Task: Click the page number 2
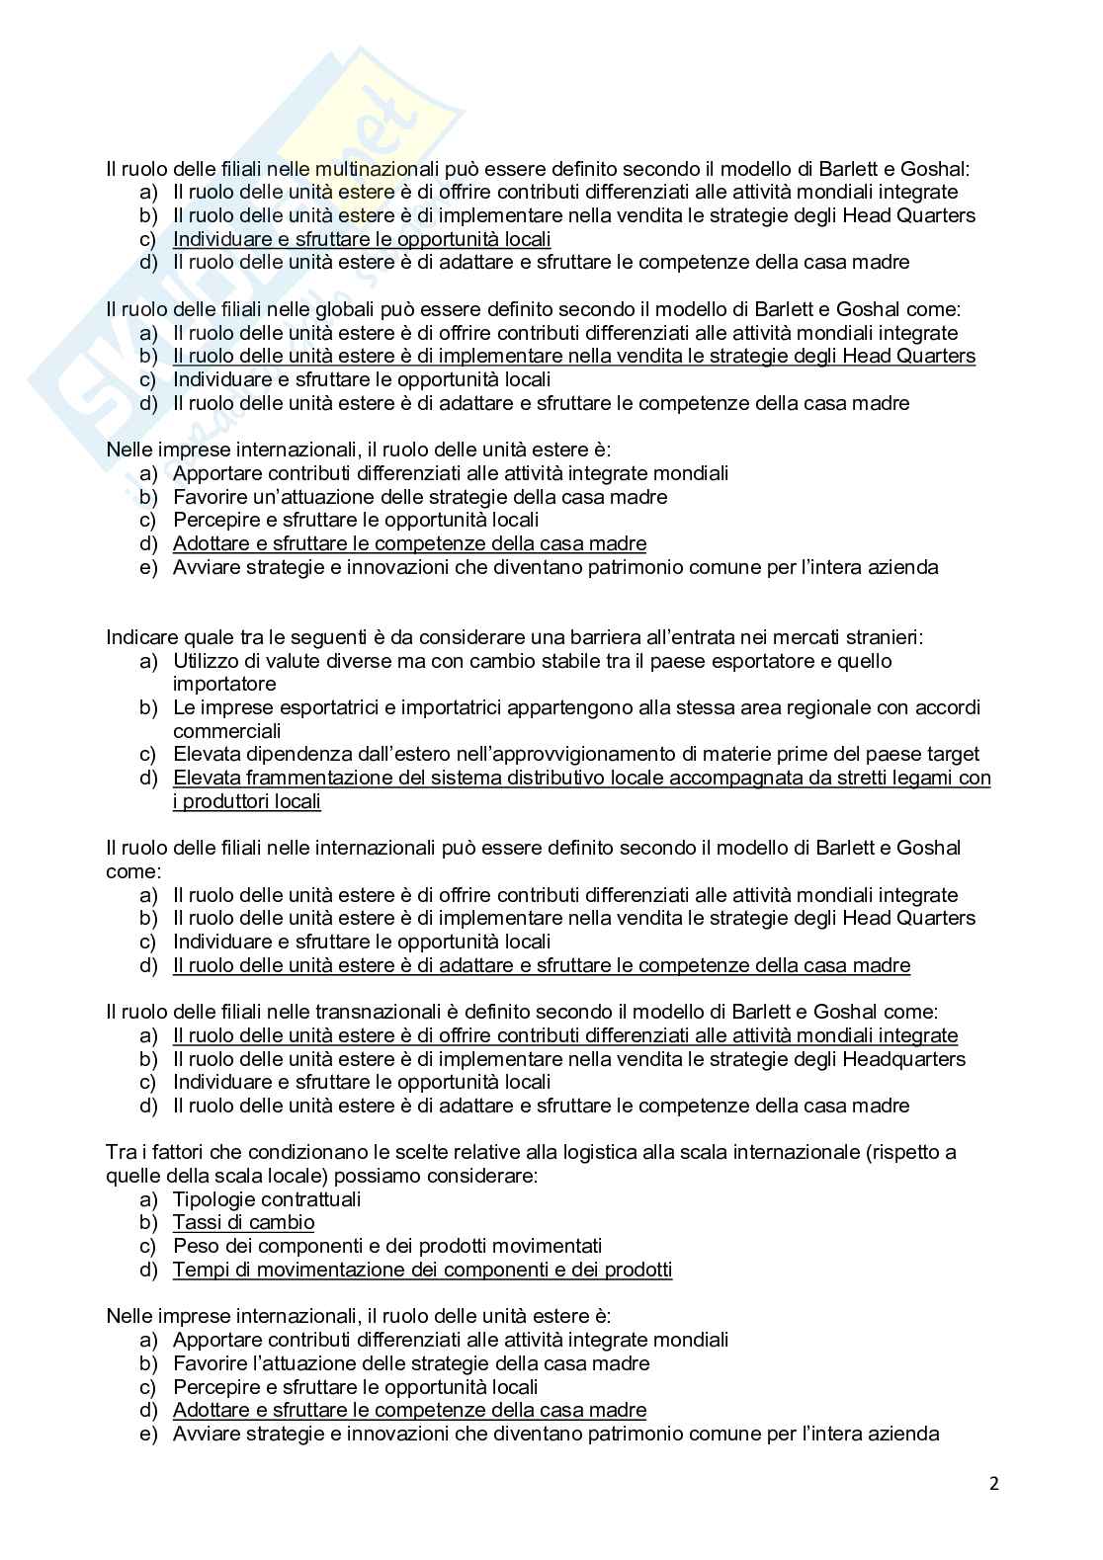click(x=994, y=1483)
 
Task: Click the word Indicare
click(x=140, y=637)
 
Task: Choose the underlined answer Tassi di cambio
click(x=243, y=1223)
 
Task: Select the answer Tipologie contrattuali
click(x=267, y=1199)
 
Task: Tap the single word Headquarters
click(x=903, y=1059)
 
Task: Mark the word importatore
click(x=224, y=684)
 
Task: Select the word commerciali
click(x=226, y=731)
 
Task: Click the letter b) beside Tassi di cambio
click(x=148, y=1223)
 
